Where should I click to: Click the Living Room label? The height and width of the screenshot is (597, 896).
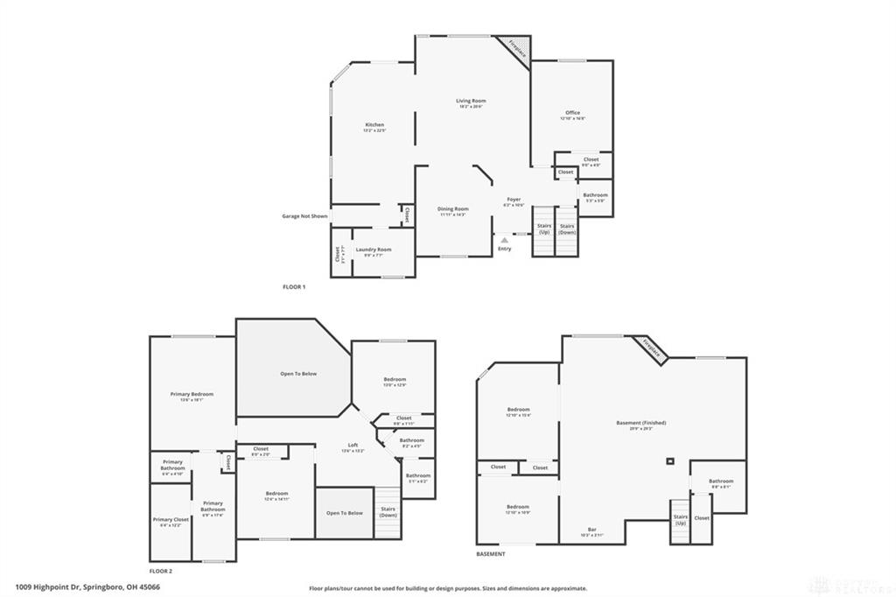tap(471, 101)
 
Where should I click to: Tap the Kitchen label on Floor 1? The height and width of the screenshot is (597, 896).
tap(374, 125)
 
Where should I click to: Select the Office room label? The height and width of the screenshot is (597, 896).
tap(572, 113)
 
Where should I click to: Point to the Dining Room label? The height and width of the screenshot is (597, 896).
tap(453, 209)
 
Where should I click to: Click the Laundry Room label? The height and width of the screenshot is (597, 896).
tap(373, 249)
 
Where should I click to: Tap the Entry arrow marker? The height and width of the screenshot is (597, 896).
tap(504, 239)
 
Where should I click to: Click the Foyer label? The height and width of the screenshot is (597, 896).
tap(514, 200)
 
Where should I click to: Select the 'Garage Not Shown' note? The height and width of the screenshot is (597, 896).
tap(304, 215)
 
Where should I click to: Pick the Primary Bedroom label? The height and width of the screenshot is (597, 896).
tap(192, 395)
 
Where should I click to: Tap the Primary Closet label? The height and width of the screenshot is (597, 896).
tap(171, 520)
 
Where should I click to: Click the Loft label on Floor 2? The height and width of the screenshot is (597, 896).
tap(348, 446)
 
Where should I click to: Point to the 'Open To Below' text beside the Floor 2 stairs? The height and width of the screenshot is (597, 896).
tap(344, 513)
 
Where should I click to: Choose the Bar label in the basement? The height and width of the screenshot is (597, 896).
tap(591, 530)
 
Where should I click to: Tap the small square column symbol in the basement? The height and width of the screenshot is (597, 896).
tap(670, 461)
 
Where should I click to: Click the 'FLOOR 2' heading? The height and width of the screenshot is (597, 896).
tap(162, 571)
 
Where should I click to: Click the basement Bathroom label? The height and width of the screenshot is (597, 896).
tap(721, 481)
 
